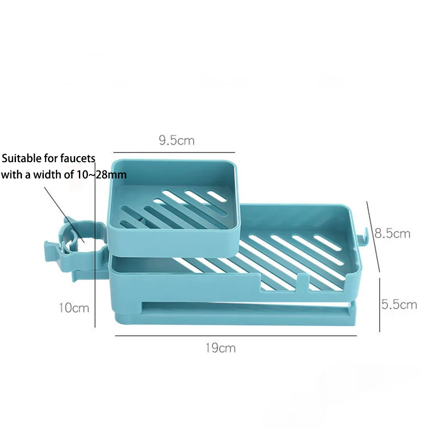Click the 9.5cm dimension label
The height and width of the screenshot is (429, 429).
coord(176,140)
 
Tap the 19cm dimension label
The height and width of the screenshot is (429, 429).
coord(220,347)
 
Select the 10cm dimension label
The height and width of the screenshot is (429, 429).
coord(74,308)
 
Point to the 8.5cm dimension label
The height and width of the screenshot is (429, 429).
coord(393,234)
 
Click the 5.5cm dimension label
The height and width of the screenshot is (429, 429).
coord(399,304)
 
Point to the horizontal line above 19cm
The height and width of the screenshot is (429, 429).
coord(236,336)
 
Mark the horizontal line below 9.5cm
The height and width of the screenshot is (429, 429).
coord(174,152)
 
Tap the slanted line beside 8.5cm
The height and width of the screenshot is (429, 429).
coord(373,236)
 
